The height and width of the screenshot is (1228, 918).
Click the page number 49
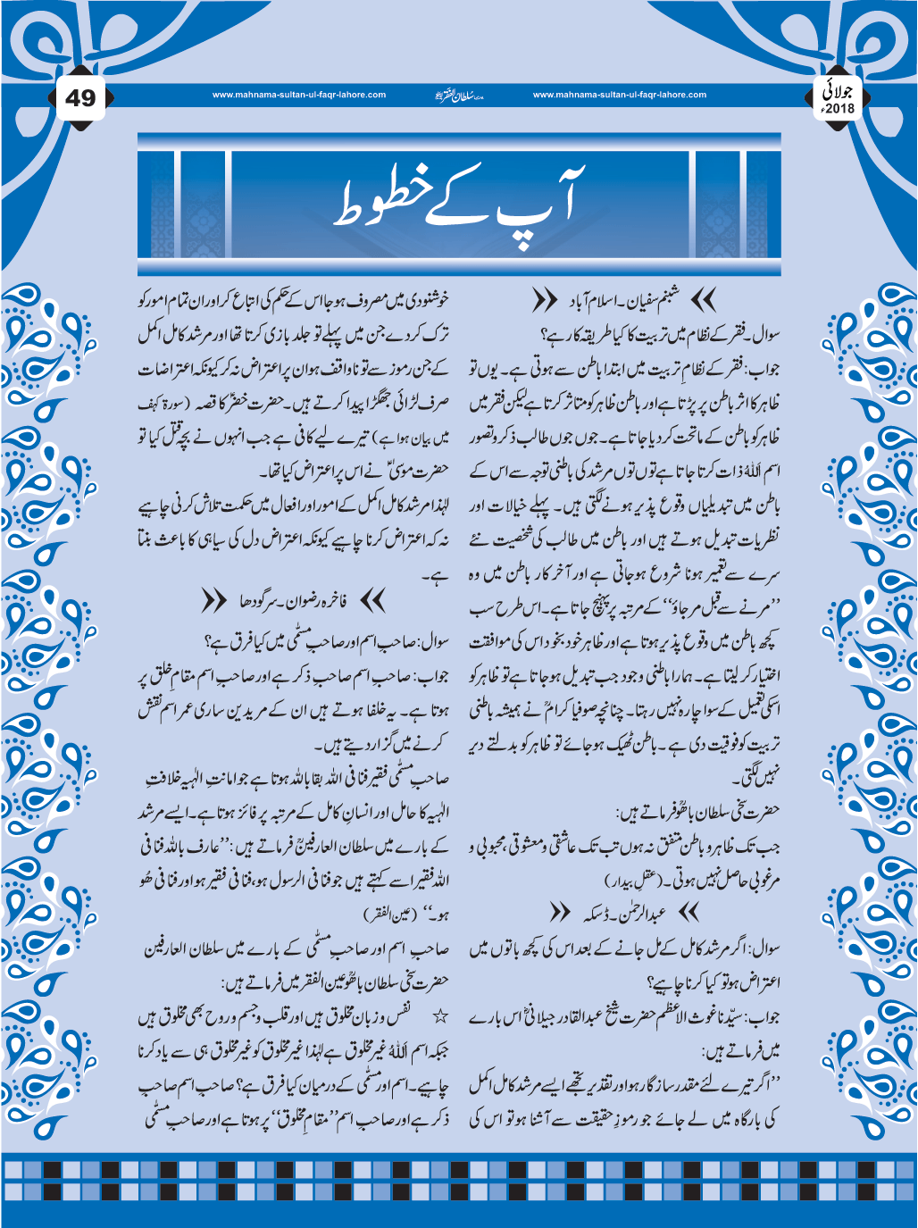(80, 97)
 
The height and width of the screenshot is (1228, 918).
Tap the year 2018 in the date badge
(839, 108)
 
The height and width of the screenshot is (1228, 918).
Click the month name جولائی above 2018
(840, 89)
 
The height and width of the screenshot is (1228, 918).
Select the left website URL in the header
(299, 95)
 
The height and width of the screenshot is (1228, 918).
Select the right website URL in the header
(619, 95)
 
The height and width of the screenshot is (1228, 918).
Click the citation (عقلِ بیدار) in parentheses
(632, 881)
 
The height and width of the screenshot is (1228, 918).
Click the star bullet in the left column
(439, 1016)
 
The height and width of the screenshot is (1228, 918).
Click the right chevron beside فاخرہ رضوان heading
(372, 602)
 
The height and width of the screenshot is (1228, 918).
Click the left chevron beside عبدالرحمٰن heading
(560, 913)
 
